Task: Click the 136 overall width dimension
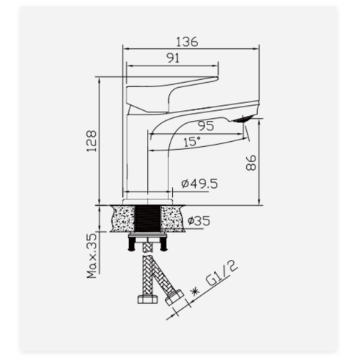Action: click(x=187, y=42)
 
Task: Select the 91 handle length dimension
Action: click(x=173, y=58)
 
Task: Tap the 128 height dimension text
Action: click(x=91, y=141)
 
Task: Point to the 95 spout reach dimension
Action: click(x=206, y=126)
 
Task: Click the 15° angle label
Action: click(x=192, y=142)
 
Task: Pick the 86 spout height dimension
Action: click(x=251, y=163)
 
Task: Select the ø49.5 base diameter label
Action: click(x=199, y=184)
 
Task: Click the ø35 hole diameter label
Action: click(x=199, y=221)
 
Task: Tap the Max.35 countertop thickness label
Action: click(x=91, y=256)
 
